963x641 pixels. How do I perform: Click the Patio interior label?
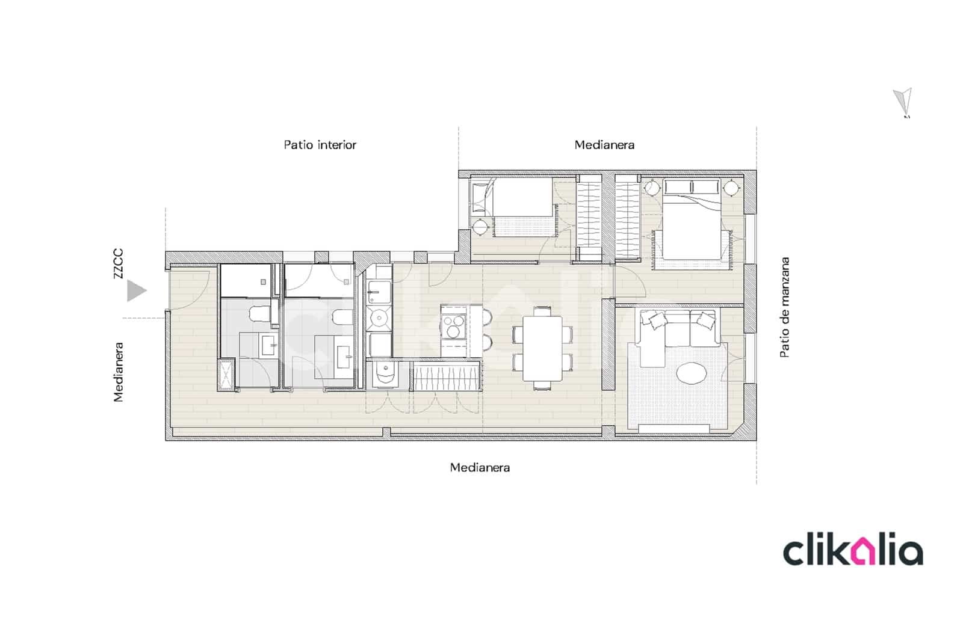click(320, 145)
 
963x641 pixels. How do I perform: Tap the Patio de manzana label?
click(784, 307)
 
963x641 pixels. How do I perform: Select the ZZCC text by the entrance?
click(118, 263)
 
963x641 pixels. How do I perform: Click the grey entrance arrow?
click(136, 291)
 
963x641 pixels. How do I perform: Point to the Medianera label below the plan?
click(480, 467)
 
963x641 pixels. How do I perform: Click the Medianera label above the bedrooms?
click(604, 145)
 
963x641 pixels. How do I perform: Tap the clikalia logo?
click(852, 551)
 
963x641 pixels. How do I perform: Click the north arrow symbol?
click(903, 102)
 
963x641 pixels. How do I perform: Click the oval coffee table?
click(692, 373)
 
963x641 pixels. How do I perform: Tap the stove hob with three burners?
click(454, 327)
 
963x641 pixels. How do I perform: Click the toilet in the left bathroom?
click(260, 313)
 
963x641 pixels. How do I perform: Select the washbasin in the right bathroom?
click(345, 357)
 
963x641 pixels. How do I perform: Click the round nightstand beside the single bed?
click(480, 227)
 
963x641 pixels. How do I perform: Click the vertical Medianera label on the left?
click(118, 372)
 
